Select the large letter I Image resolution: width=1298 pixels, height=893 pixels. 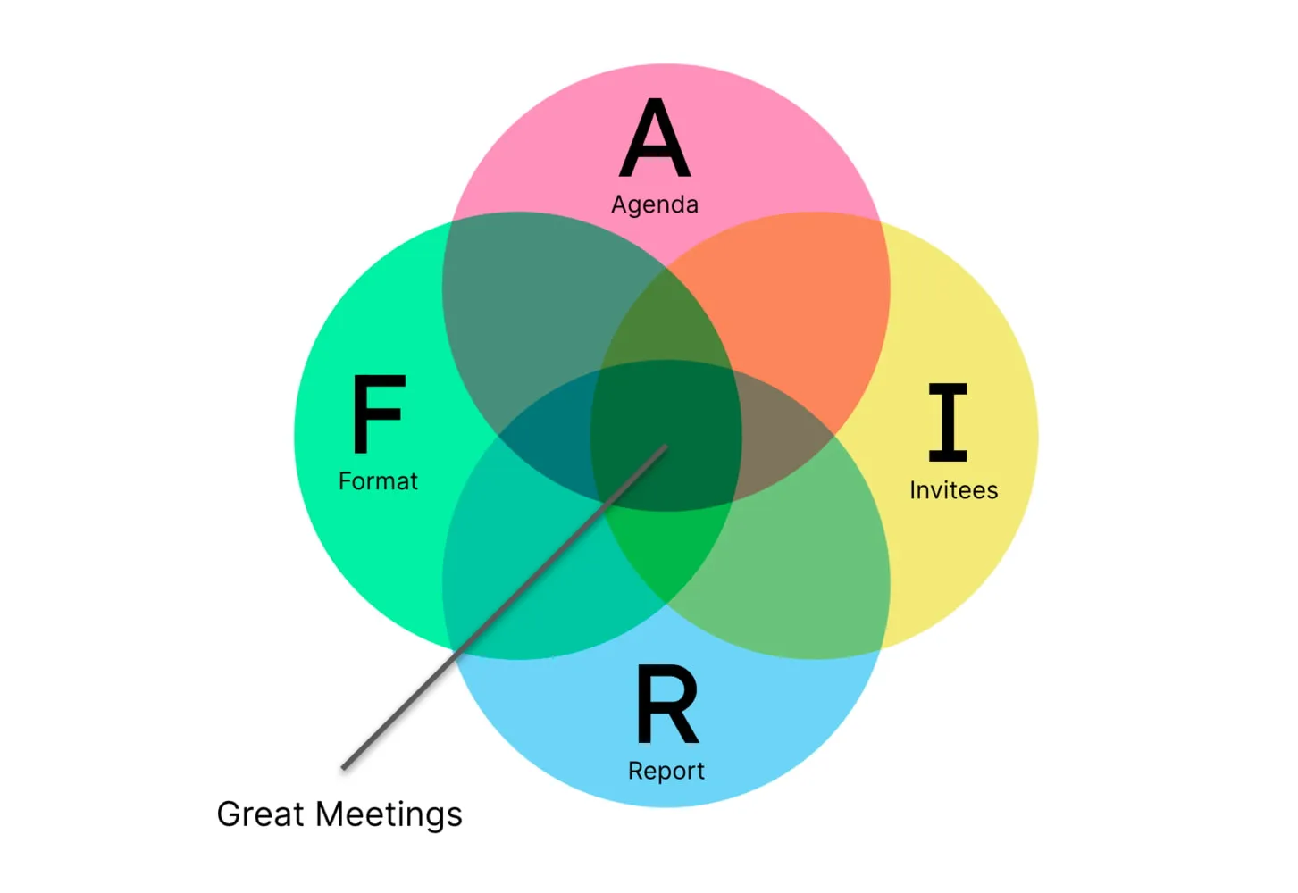pyautogui.click(x=948, y=421)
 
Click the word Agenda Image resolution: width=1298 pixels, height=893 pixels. pyautogui.click(x=655, y=204)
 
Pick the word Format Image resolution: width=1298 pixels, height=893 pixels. pyautogui.click(x=378, y=481)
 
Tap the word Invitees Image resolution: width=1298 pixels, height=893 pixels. pyautogui.click(x=953, y=490)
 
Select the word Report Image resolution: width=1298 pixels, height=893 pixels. pyautogui.click(x=666, y=771)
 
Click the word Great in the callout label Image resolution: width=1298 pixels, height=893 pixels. pyautogui.click(x=261, y=814)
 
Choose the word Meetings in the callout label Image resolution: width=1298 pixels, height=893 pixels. pyautogui.click(x=389, y=814)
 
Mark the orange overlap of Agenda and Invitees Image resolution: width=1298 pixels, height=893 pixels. pyautogui.click(x=786, y=304)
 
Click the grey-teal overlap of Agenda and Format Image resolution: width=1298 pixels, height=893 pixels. pyautogui.click(x=536, y=304)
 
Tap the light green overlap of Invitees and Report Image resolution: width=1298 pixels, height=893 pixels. pyautogui.click(x=795, y=563)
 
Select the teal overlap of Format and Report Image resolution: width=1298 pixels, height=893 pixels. pyautogui.click(x=536, y=572)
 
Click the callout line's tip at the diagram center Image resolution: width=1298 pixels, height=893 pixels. pyautogui.click(x=666, y=446)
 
